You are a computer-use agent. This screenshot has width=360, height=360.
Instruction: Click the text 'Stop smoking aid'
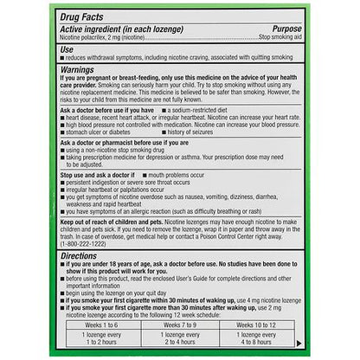275,38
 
